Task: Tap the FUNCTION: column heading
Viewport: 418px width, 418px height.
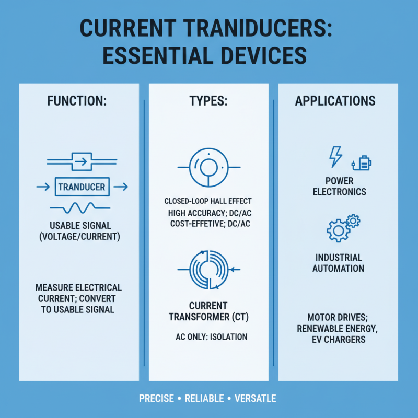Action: click(x=77, y=100)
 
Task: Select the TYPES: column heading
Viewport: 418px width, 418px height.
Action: click(x=207, y=101)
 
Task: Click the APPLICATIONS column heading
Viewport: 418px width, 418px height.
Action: click(x=335, y=100)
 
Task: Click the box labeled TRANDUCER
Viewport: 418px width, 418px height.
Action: click(x=82, y=187)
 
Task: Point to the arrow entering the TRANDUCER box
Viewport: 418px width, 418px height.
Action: click(x=42, y=186)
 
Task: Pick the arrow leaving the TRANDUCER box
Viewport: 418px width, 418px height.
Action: click(x=121, y=186)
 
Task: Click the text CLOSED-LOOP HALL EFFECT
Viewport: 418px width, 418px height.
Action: click(x=208, y=201)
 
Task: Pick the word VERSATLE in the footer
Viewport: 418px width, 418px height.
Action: click(x=256, y=399)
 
